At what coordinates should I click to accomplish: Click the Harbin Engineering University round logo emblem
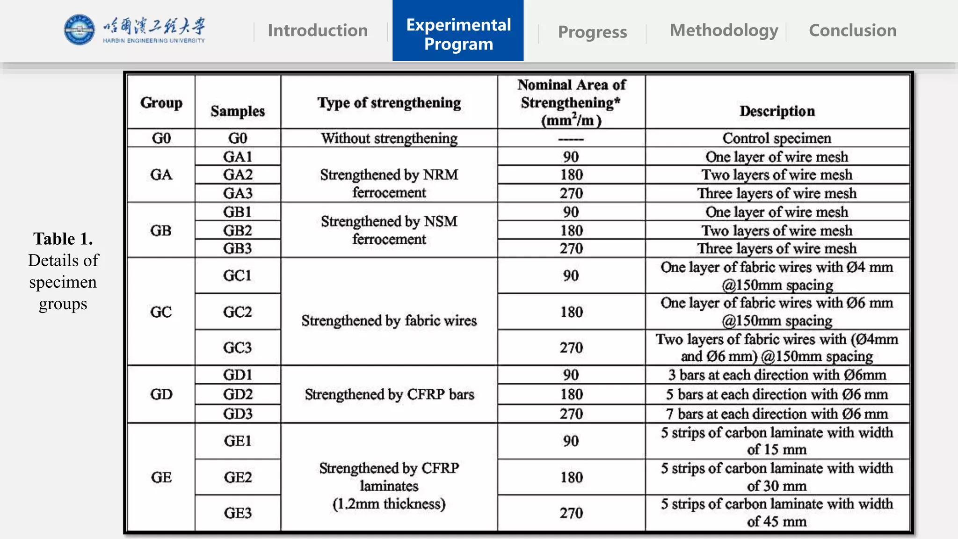point(79,30)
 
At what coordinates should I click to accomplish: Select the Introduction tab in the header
point(318,30)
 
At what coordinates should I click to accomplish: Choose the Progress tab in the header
point(592,32)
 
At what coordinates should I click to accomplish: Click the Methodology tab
point(724,30)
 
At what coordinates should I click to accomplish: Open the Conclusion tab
point(852,30)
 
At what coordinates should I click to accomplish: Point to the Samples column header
point(238,111)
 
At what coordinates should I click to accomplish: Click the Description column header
point(777,111)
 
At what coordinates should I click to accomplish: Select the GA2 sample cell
point(238,175)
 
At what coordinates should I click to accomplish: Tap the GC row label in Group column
point(161,312)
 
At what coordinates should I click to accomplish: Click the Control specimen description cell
point(777,138)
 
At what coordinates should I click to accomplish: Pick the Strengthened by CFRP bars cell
point(389,394)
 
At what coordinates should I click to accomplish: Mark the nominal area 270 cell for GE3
point(571,513)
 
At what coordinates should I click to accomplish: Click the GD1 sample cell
point(238,375)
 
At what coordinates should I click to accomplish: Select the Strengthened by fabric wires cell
point(389,320)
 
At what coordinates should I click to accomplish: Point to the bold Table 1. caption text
point(63,239)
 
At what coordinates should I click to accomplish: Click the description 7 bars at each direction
point(777,414)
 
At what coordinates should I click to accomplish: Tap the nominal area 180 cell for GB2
point(571,230)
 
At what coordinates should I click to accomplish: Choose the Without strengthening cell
point(389,138)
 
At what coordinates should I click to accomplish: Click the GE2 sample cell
point(238,477)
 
